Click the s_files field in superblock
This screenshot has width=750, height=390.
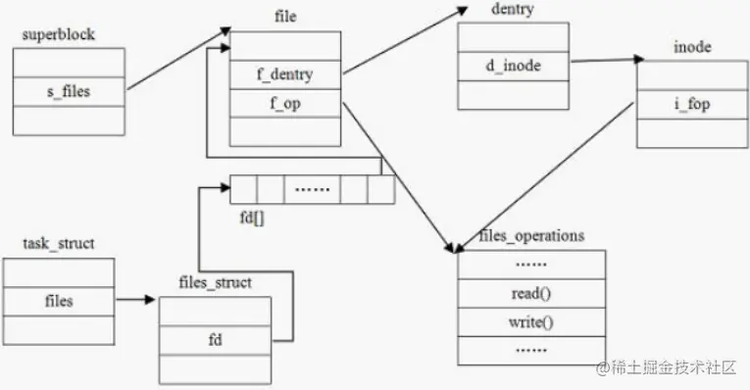[69, 91]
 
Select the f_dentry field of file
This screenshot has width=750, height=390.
[285, 74]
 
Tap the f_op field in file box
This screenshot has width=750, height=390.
[285, 103]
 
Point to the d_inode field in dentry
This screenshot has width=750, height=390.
[513, 66]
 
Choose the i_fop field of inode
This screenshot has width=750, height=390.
[692, 104]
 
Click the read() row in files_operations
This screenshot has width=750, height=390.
[531, 293]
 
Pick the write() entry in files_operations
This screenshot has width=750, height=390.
[531, 322]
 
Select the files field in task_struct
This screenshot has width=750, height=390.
[59, 301]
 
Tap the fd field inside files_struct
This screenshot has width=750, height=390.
[216, 340]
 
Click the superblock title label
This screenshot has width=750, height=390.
[59, 34]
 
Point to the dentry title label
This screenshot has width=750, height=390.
[513, 9]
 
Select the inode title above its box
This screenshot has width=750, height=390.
[692, 47]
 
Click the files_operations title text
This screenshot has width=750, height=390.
[531, 235]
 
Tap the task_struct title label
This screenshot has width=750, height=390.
[59, 244]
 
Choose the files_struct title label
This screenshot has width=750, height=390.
[216, 282]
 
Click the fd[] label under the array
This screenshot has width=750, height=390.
[252, 218]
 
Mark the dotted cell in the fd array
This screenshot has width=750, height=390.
[312, 189]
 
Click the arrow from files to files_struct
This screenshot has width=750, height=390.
[135, 300]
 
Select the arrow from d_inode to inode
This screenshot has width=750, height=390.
[608, 60]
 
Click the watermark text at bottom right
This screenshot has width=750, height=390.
[666, 367]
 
